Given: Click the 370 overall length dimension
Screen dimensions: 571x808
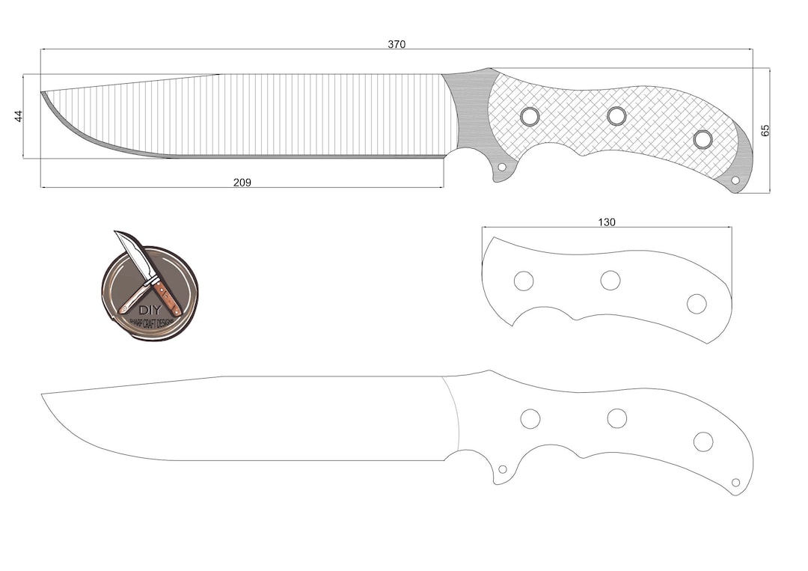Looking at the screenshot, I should pyautogui.click(x=397, y=44).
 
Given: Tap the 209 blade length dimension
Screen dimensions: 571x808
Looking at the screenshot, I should pyautogui.click(x=242, y=183).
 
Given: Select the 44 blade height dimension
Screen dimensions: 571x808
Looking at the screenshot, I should pyautogui.click(x=19, y=116).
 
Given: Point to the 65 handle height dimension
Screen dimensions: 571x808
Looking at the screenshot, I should pyautogui.click(x=765, y=130).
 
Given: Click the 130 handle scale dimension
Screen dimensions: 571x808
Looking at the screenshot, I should pyautogui.click(x=607, y=222).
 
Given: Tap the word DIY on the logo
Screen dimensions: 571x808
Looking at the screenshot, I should pyautogui.click(x=149, y=311).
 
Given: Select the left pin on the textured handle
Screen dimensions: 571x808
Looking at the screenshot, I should pyautogui.click(x=530, y=116).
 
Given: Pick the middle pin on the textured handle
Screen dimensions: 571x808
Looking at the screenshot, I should pyautogui.click(x=616, y=116).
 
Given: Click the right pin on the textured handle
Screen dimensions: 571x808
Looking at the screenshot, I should pyautogui.click(x=703, y=139).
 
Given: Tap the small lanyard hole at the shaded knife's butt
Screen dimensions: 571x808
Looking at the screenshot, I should pyautogui.click(x=735, y=180).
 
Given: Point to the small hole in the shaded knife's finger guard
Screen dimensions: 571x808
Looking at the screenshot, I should pyautogui.click(x=502, y=167).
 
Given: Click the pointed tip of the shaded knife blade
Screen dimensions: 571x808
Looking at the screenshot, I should pyautogui.click(x=43, y=94).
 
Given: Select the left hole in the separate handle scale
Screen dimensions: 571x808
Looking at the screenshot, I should pyautogui.click(x=524, y=281).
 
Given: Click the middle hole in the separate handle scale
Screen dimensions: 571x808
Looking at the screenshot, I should pyautogui.click(x=610, y=281).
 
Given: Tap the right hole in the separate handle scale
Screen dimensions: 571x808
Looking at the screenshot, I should pyautogui.click(x=697, y=304).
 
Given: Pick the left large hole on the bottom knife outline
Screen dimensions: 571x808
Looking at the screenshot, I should pyautogui.click(x=530, y=419).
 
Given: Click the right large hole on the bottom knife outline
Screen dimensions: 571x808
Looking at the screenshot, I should pyautogui.click(x=703, y=442).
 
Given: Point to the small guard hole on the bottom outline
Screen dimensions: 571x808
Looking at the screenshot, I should pyautogui.click(x=503, y=469).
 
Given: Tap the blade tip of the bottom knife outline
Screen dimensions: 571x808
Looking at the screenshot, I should pyautogui.click(x=43, y=395).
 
